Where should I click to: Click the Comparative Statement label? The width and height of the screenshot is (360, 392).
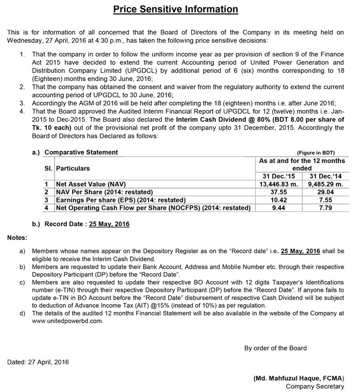tap(81, 153)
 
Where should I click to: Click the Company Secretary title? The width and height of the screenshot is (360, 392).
tap(315, 386)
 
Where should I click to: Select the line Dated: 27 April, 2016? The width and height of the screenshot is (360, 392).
tap(38, 362)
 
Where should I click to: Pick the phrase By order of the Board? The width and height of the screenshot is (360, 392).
tap(275, 348)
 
